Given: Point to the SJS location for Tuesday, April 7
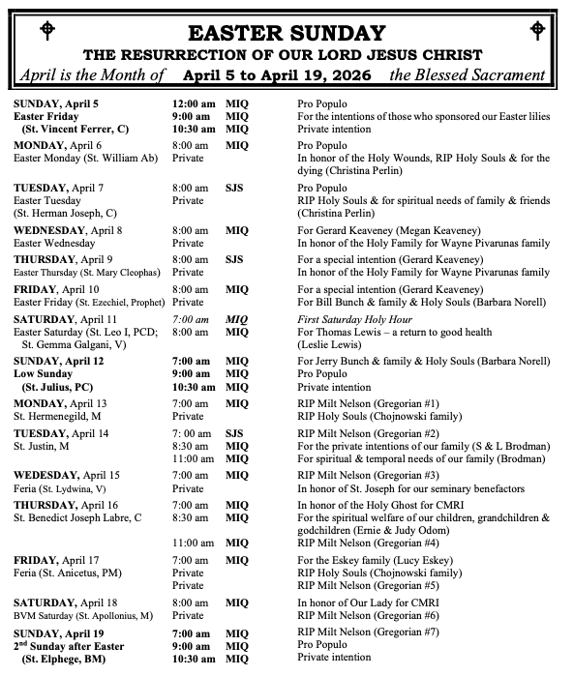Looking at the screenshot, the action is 234,187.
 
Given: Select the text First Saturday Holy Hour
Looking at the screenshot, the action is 355,318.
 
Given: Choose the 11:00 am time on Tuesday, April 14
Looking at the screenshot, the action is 192,458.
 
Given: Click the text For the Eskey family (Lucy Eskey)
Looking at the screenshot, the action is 372,560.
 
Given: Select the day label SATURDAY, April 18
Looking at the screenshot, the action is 66,602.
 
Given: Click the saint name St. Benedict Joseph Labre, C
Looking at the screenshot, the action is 77,517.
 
